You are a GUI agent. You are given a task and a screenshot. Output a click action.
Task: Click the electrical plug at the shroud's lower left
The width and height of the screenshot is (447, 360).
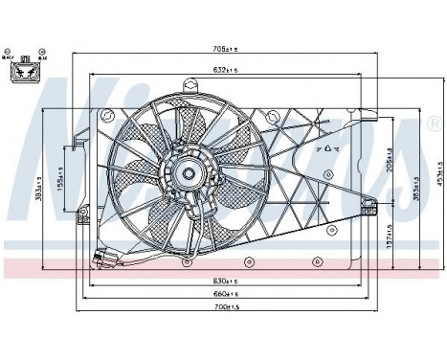103,259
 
